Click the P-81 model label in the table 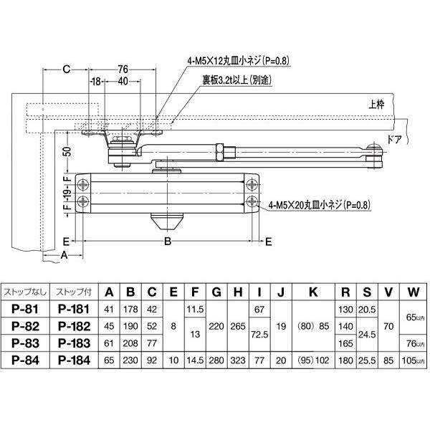[25, 309]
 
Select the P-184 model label [72, 359]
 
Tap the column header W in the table [413, 292]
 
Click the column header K [312, 292]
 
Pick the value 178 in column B [131, 309]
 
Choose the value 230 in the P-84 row [131, 359]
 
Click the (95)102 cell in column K [312, 359]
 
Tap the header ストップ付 [72, 292]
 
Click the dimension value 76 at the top [122, 69]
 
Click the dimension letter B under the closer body [168, 242]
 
